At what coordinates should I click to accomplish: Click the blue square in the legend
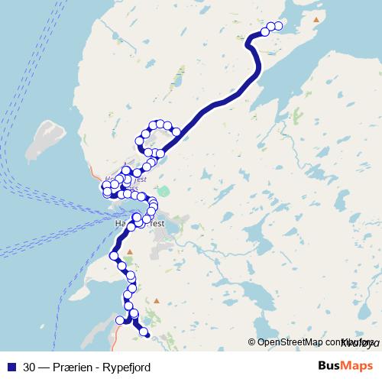(x=11, y=367)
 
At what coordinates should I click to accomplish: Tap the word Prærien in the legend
(x=73, y=367)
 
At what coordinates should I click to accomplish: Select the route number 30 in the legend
(x=30, y=367)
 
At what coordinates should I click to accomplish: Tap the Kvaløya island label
(x=355, y=342)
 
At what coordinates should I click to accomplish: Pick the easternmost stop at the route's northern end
(x=278, y=26)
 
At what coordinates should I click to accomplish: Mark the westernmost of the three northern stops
(x=264, y=31)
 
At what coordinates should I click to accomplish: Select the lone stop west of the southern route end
(x=119, y=321)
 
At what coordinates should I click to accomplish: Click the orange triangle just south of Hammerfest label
(x=130, y=251)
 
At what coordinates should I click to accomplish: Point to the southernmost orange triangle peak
(x=157, y=301)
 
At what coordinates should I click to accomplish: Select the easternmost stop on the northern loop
(x=176, y=132)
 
